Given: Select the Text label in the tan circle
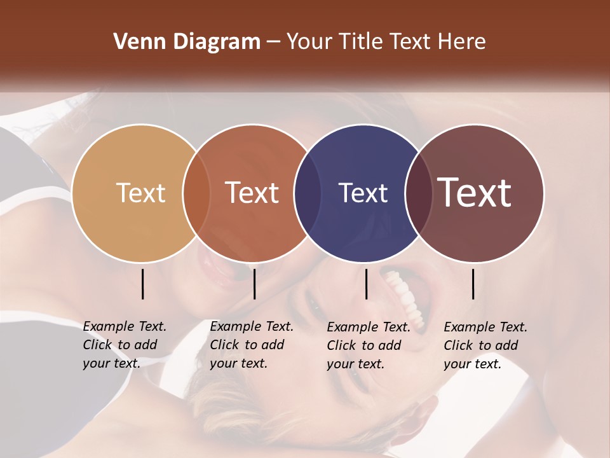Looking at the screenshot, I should click(140, 193).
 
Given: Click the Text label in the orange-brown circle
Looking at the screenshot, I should click(252, 193).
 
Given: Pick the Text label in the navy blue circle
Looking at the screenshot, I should click(363, 193).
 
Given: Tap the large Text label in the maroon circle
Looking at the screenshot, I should click(475, 193).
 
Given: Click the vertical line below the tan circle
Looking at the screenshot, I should click(142, 284).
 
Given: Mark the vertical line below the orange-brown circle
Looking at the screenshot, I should click(254, 284).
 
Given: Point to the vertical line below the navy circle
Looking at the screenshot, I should click(366, 284).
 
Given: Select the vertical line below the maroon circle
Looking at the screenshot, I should click(473, 284).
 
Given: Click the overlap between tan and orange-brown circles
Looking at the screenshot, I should click(196, 193).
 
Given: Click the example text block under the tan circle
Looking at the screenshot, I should click(124, 345).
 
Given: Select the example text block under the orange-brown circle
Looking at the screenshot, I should click(251, 345).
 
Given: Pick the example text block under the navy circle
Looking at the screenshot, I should click(368, 345).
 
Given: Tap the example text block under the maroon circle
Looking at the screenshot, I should click(485, 345).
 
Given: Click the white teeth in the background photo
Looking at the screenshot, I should click(405, 293).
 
